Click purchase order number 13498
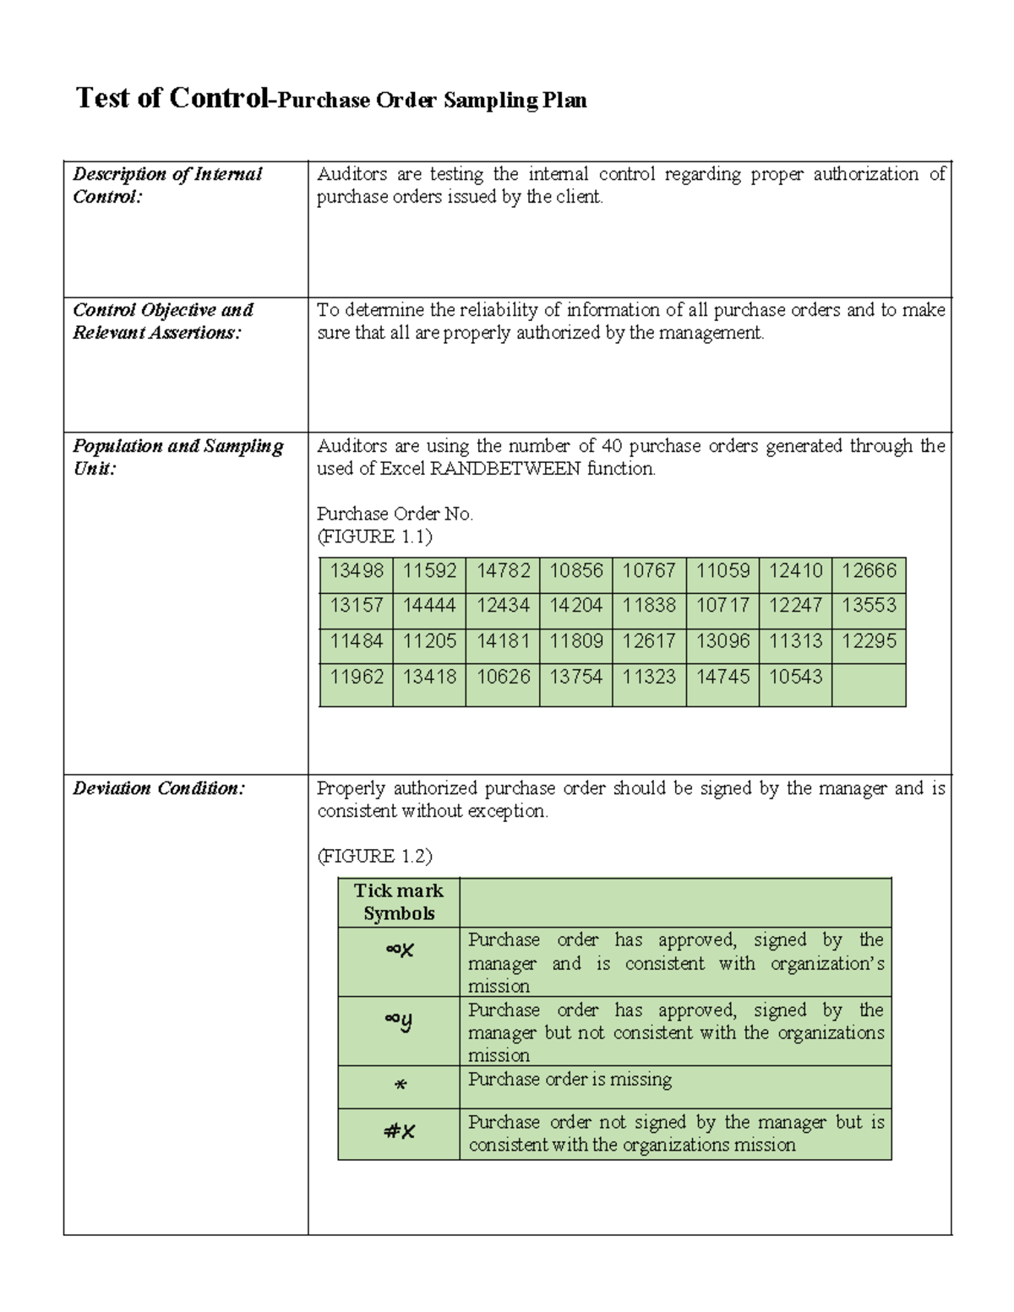coord(356,571)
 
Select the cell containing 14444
coord(429,606)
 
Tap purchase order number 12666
coord(869,571)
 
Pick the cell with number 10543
coord(795,677)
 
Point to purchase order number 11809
coord(575,641)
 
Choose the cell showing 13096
coord(722,641)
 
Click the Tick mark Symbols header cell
coord(399,902)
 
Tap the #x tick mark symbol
coord(400,1132)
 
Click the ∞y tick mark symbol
coord(399,1021)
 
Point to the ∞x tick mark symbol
coord(400,950)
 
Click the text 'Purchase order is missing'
coord(570,1080)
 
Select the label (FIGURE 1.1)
coord(374,536)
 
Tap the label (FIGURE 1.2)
coord(374,856)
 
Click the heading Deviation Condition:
coord(159,788)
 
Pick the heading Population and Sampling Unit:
coord(177,456)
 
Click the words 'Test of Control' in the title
coord(172,98)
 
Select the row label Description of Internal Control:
coord(167,185)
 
